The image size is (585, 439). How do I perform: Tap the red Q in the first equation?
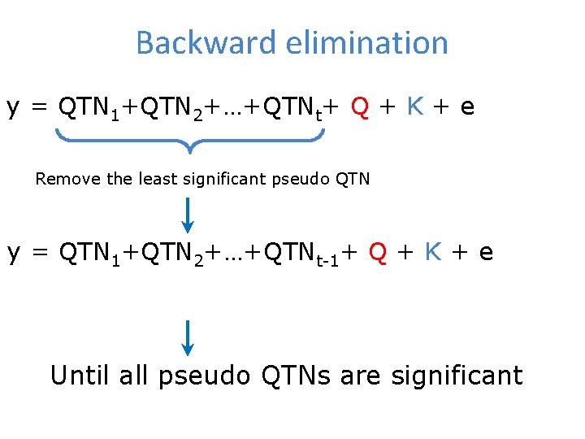(x=362, y=106)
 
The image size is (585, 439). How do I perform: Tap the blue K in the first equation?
(x=414, y=106)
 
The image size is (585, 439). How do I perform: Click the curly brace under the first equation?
(x=189, y=141)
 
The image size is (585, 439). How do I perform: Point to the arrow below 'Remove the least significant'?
(x=188, y=215)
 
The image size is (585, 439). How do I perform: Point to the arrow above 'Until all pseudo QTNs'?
(x=188, y=338)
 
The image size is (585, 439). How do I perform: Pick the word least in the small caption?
(x=154, y=179)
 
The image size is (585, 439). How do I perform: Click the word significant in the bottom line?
(x=457, y=376)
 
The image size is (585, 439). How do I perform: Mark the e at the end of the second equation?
(x=486, y=253)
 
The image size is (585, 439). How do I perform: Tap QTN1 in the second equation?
(x=90, y=253)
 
